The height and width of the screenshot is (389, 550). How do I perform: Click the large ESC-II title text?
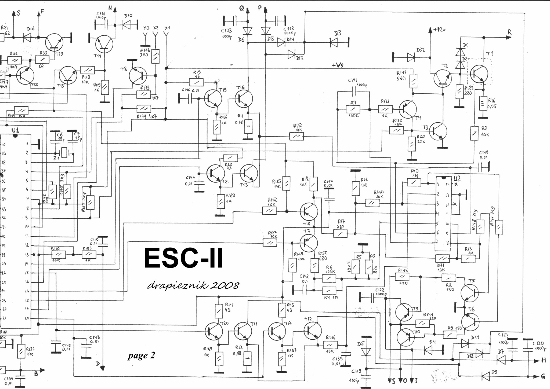(x=183, y=258)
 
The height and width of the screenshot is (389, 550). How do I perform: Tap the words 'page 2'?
(x=142, y=355)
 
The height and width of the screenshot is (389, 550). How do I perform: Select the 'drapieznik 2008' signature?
(x=193, y=285)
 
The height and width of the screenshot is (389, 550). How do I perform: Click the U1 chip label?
(x=15, y=130)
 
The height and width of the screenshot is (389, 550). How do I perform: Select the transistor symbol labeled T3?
(x=438, y=131)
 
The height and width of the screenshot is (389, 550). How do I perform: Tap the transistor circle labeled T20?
(x=214, y=331)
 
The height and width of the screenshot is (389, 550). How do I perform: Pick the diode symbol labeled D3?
(x=334, y=42)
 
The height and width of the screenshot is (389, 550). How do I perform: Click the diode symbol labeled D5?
(x=366, y=352)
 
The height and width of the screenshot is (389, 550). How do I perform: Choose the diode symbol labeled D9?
(x=486, y=377)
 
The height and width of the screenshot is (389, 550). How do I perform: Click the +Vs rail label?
(x=338, y=65)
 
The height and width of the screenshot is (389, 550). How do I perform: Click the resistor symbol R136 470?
(x=21, y=351)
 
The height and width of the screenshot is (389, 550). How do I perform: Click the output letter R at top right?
(x=509, y=32)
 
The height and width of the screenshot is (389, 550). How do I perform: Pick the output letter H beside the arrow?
(x=543, y=360)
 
